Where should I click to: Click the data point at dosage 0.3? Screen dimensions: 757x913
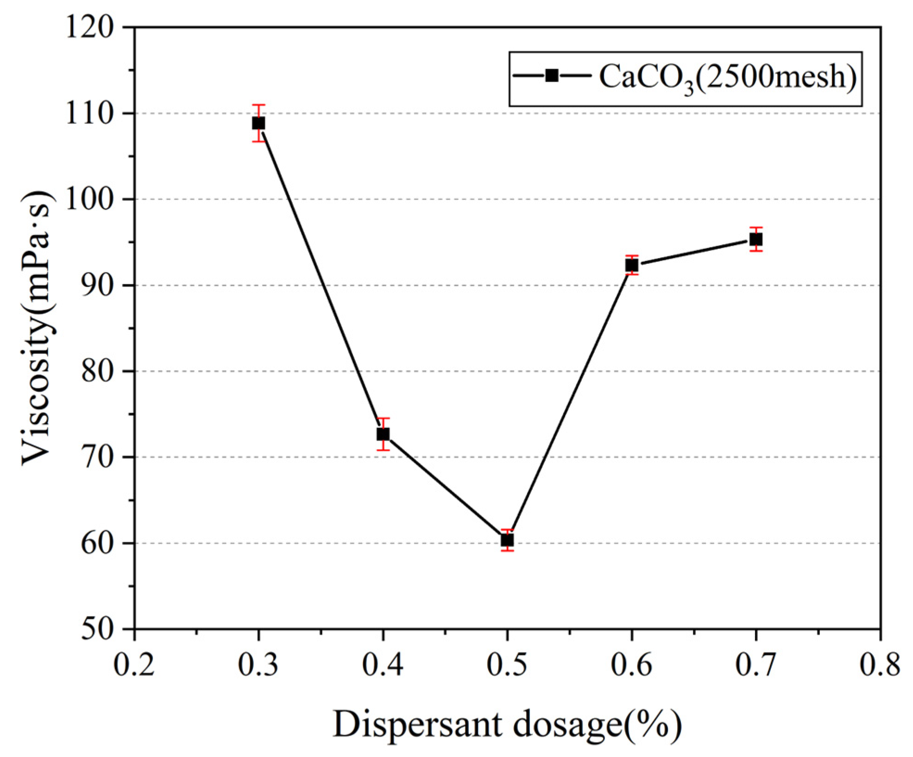point(258,123)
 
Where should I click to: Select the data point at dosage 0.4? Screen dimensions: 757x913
point(383,434)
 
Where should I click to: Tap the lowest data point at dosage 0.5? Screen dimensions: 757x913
point(507,540)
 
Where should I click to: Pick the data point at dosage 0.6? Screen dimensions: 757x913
point(631,265)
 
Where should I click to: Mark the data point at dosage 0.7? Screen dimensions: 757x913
point(756,239)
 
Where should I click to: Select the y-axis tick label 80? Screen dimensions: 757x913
point(97,372)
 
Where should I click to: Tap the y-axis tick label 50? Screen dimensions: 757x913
point(97,630)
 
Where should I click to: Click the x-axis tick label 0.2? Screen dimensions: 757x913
point(134,664)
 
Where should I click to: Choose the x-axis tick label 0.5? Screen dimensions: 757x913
point(507,664)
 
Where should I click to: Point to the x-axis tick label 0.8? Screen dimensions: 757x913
point(880,664)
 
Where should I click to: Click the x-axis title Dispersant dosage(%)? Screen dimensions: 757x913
point(507,725)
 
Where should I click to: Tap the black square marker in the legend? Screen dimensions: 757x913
point(551,76)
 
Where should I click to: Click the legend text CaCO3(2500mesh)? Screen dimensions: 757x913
point(727,77)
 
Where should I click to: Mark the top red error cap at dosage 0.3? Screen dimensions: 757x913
point(258,105)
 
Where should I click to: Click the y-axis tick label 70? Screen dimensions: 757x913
point(97,458)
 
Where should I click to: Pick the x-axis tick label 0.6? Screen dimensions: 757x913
point(631,664)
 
